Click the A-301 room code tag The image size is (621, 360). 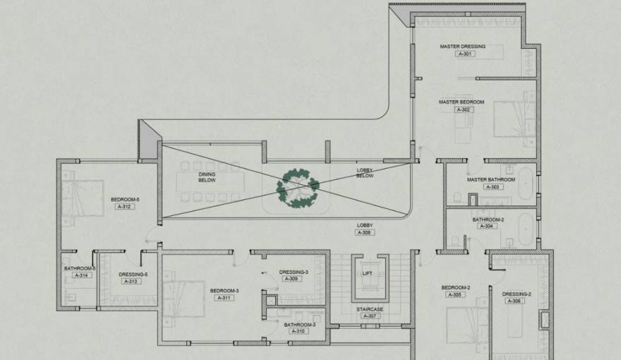click(465, 54)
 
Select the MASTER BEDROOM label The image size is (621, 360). click(462, 102)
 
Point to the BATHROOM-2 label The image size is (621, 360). click(488, 220)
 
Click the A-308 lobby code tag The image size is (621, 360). click(364, 232)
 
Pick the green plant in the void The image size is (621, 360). click(298, 188)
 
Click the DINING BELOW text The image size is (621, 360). click(207, 177)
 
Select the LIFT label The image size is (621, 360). click(367, 272)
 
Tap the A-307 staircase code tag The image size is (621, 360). click(370, 316)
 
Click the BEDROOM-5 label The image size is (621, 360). click(125, 199)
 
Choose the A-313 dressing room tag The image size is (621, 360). click(132, 282)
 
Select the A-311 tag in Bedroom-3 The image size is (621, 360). click(224, 298)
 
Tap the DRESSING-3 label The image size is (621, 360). click(294, 272)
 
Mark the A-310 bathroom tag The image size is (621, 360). click(299, 331)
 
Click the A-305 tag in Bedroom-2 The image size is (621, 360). click(455, 294)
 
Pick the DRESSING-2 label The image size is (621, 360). click(517, 294)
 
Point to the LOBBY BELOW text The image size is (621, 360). click(365, 172)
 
